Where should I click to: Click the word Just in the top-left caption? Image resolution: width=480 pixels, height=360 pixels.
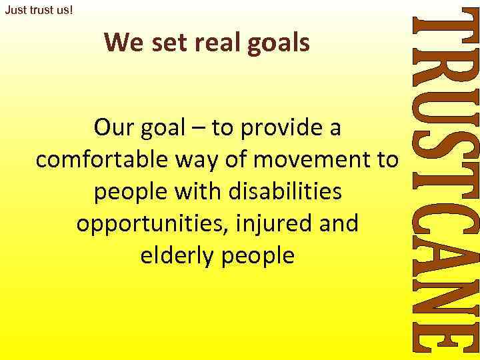[x=15, y=11]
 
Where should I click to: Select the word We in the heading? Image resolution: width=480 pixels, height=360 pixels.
[x=120, y=43]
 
